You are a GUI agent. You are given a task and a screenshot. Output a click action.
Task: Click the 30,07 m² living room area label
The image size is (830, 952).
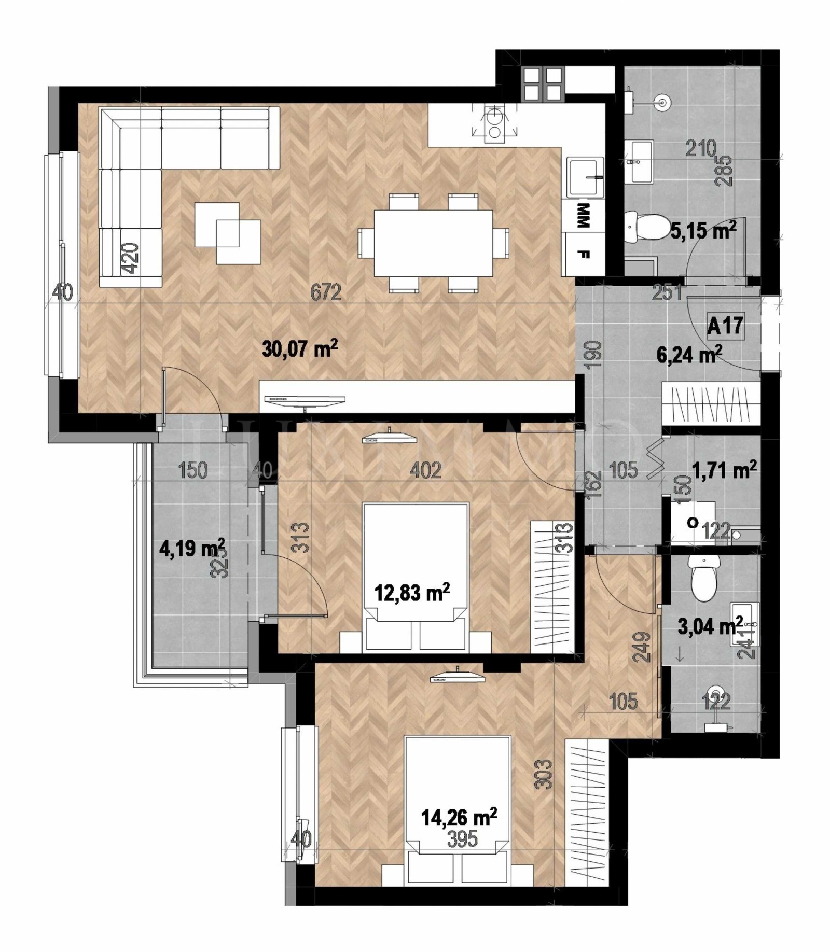(300, 348)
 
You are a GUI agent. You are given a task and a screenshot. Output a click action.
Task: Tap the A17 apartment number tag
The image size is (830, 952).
(725, 326)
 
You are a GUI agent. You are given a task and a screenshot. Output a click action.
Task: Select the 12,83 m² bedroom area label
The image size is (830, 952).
(412, 592)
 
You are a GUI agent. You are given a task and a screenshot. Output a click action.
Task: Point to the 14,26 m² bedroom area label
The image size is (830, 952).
(459, 818)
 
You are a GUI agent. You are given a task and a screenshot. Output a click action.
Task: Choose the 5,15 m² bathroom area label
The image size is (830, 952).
(703, 230)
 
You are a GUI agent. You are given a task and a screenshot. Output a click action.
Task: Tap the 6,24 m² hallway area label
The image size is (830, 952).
(689, 356)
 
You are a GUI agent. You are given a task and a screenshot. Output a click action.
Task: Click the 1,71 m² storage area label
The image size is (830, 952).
(724, 470)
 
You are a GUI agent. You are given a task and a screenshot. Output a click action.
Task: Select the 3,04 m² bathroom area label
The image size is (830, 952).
(710, 626)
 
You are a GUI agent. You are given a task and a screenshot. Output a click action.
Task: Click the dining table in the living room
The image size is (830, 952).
(433, 243)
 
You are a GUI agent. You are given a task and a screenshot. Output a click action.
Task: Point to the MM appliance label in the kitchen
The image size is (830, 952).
(583, 215)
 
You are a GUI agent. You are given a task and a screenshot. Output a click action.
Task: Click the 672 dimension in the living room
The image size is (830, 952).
(326, 292)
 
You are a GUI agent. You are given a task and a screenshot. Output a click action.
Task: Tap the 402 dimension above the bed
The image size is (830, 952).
(425, 470)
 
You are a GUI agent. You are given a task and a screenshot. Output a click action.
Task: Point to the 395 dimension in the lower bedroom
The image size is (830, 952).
(462, 839)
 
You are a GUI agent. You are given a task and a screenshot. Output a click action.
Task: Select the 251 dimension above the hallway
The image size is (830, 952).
(667, 292)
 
